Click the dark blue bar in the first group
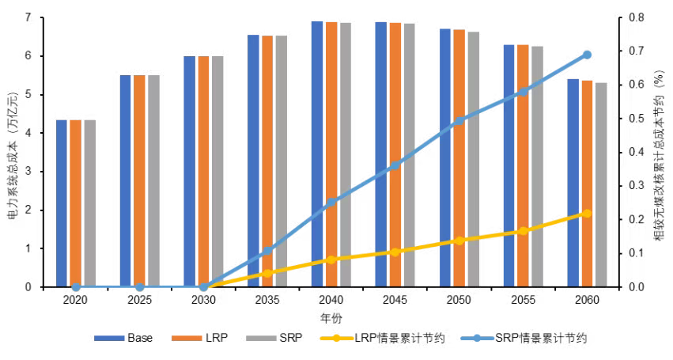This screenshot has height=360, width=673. coord(62,202)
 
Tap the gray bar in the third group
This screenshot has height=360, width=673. coord(217,170)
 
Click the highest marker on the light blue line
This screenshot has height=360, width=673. coord(587,55)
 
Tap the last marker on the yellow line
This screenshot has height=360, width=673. coord(587,214)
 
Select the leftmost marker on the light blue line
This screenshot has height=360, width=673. coord(76,287)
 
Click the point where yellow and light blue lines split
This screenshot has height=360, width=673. coord(203,287)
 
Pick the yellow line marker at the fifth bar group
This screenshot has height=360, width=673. coord(331,260)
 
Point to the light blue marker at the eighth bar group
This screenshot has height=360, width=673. coord(523,92)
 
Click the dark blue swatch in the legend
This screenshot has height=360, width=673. coord(109,338)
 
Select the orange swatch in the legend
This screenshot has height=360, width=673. coord(187,338)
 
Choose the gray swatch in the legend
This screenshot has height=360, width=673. coord(261,338)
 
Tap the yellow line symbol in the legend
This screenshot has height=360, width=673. coord(336,338)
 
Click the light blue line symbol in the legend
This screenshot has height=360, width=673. coord(477,338)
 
